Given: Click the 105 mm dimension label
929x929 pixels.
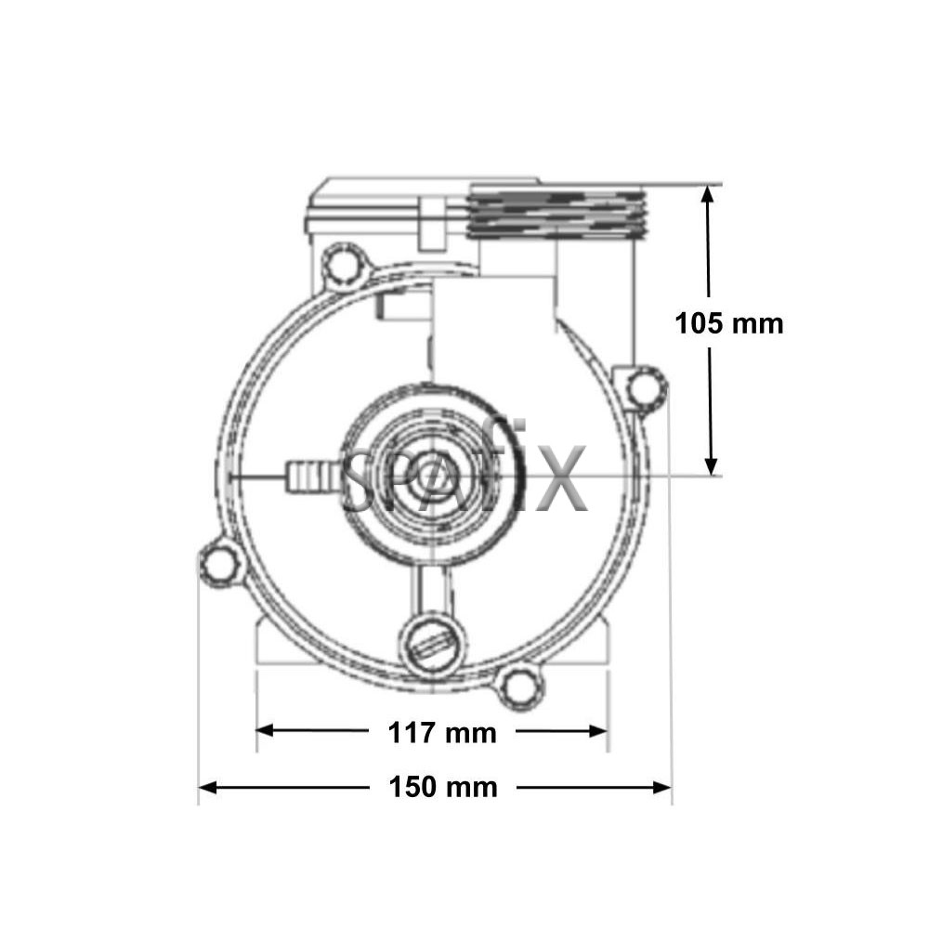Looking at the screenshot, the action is (x=728, y=324).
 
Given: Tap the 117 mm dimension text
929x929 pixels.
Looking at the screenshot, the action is (x=442, y=733).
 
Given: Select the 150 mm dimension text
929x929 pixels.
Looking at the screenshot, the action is (x=442, y=788).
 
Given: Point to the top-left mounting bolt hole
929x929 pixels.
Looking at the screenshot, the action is (x=343, y=266).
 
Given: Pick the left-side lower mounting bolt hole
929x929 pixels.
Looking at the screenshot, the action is (x=220, y=562).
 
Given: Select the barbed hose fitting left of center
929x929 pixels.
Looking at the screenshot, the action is (x=313, y=476).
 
